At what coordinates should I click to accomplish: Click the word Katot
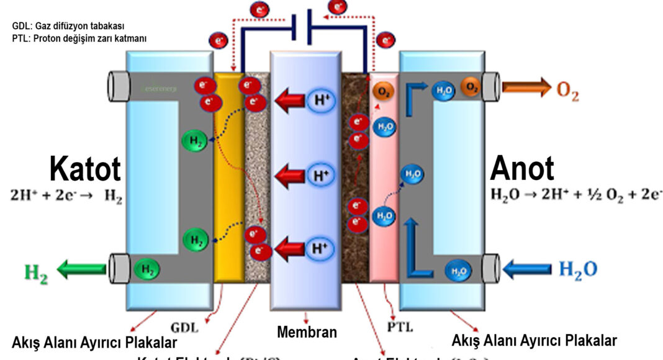tap(85, 169)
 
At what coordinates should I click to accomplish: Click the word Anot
tap(522, 169)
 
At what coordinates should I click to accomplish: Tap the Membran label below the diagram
tap(307, 332)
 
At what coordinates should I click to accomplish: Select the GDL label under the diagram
tap(186, 326)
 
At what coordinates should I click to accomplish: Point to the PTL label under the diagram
tap(401, 325)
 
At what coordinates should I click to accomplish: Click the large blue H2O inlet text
tap(578, 269)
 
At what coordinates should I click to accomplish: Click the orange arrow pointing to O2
tap(526, 87)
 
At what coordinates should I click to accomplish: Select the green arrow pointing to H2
tap(81, 269)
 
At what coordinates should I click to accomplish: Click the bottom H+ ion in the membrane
tap(319, 250)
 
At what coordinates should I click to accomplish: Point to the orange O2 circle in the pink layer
tap(382, 92)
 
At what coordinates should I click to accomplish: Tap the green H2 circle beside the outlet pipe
tap(147, 269)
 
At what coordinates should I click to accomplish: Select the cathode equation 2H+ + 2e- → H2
tap(66, 197)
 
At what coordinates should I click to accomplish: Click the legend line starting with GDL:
tap(68, 26)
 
